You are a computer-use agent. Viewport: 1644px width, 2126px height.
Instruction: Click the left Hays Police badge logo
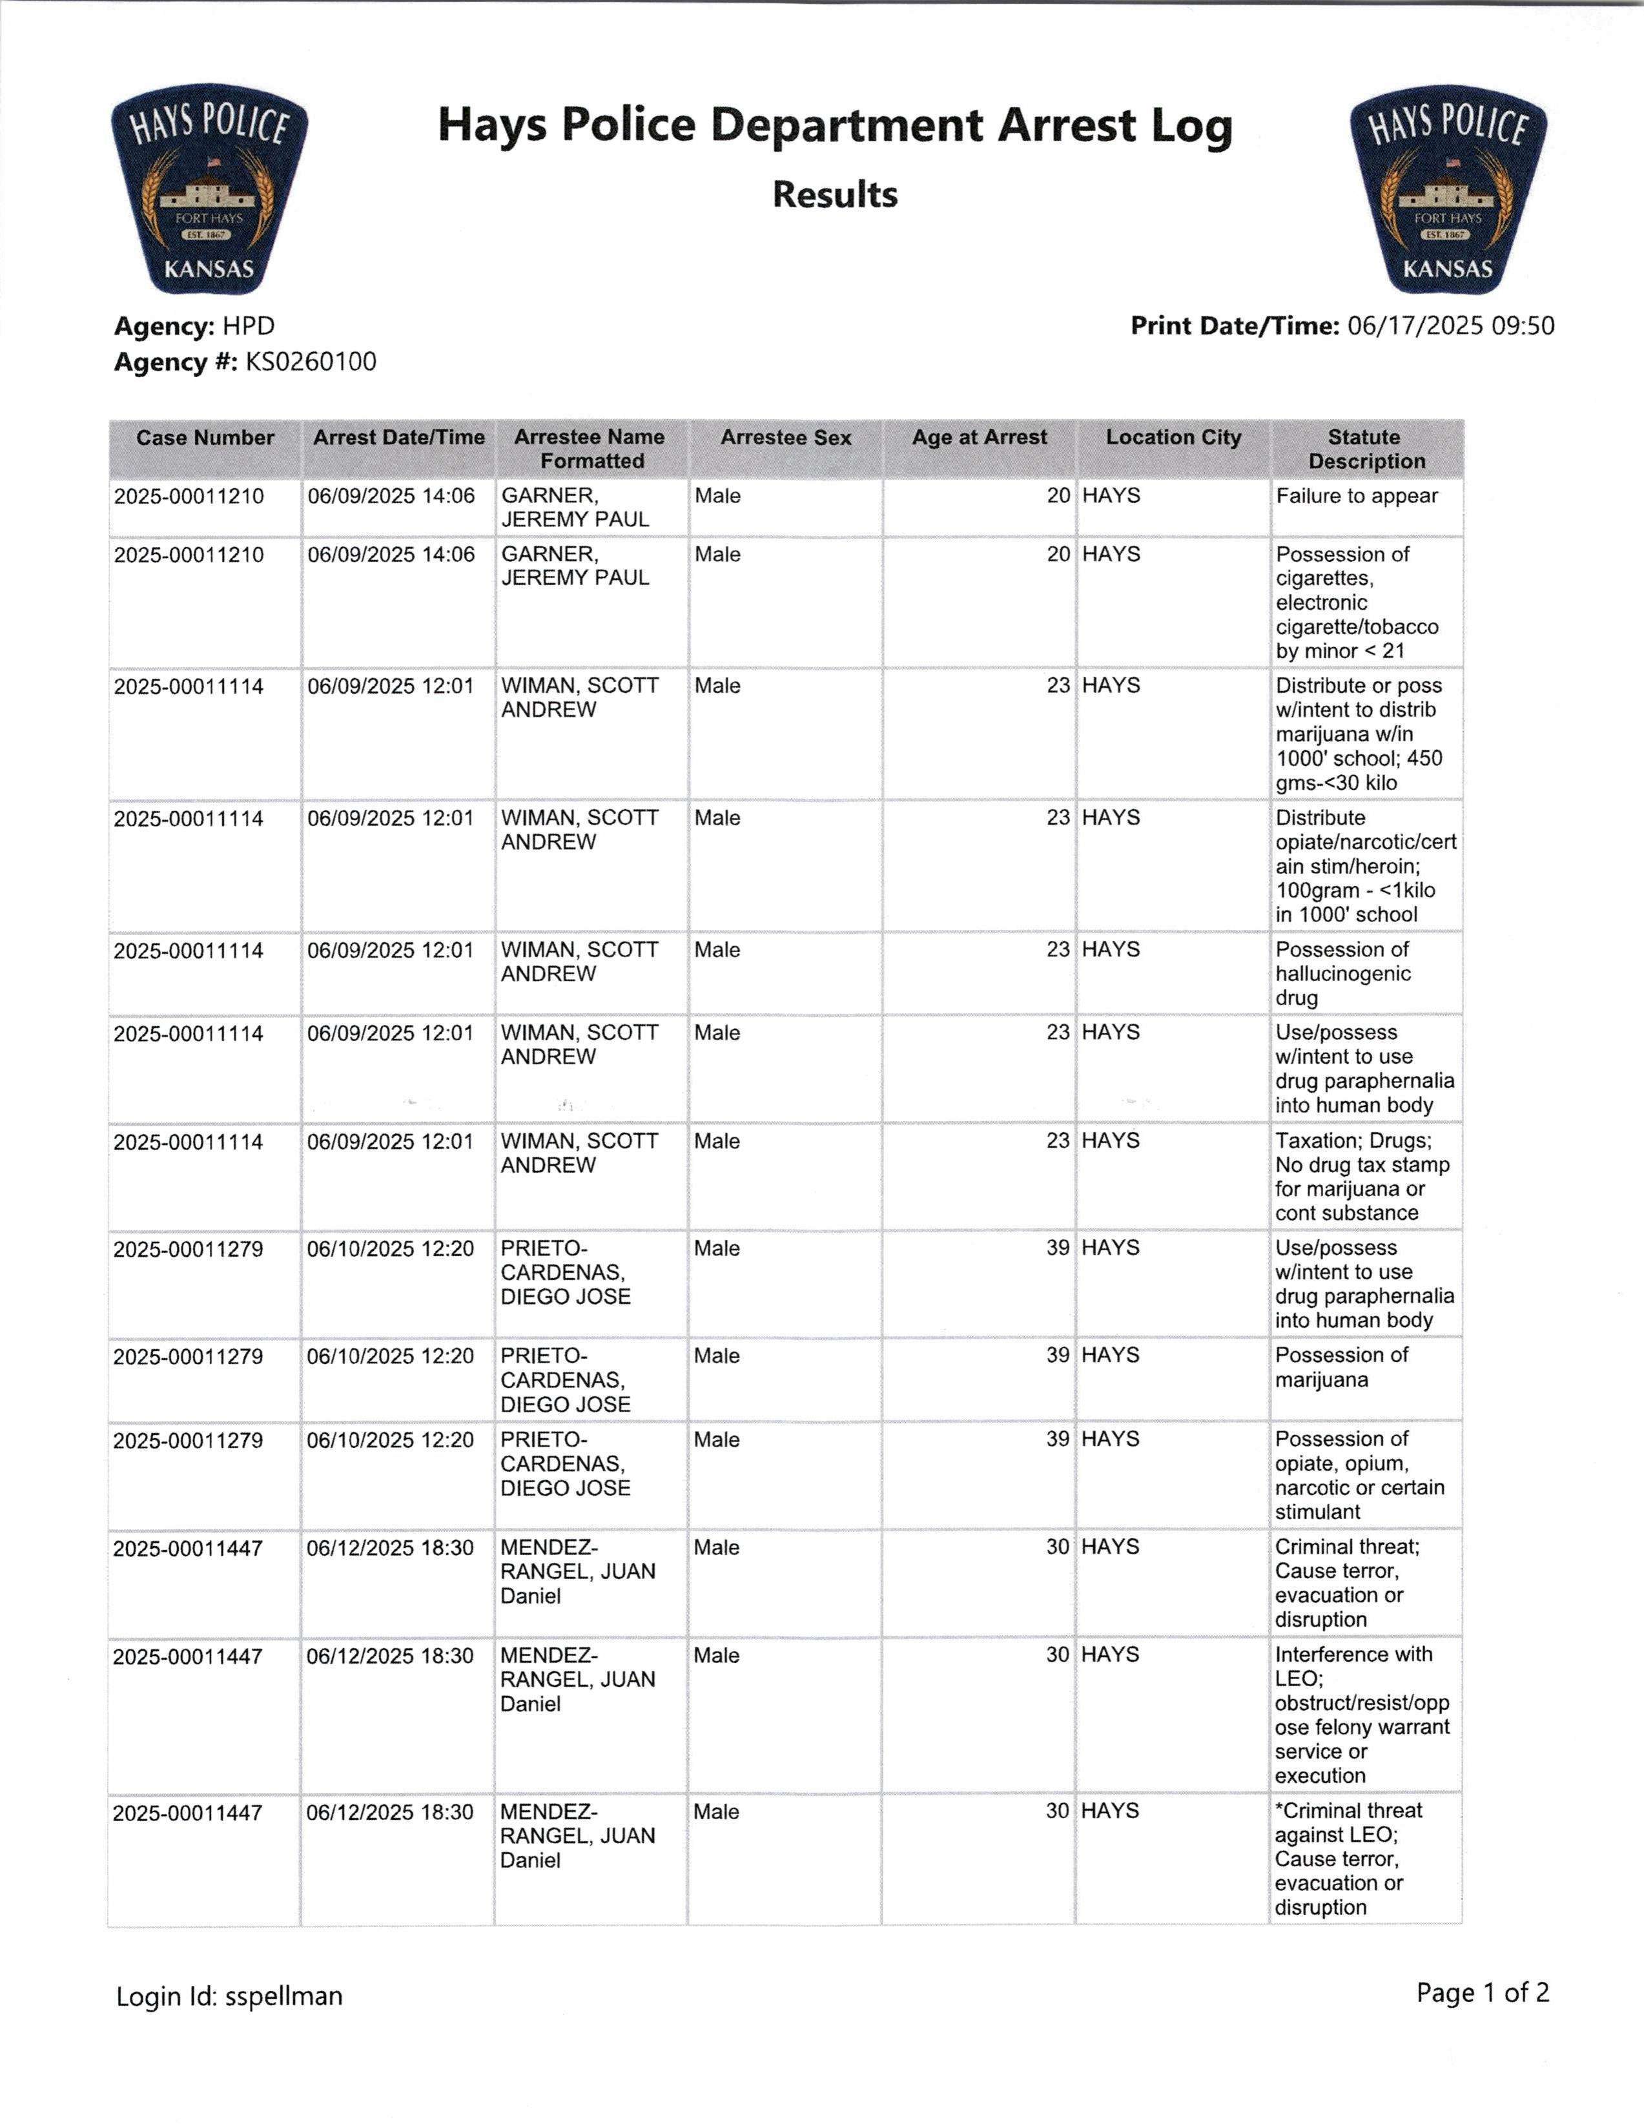209,189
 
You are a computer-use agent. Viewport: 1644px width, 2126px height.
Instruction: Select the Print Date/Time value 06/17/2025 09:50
1450,326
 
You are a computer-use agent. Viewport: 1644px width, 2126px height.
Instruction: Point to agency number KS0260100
311,362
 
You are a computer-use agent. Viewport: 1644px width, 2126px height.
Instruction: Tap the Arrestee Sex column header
785,438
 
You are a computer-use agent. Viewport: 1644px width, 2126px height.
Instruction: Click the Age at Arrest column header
979,438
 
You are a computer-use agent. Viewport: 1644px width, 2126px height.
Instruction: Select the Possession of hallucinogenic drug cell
1342,973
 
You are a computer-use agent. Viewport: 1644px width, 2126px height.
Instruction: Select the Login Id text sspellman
283,1997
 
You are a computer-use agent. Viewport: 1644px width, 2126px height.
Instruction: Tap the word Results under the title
834,194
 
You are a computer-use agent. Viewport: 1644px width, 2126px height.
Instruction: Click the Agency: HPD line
194,326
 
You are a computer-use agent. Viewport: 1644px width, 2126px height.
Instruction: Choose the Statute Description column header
1366,449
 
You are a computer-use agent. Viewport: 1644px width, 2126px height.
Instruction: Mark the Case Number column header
205,438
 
